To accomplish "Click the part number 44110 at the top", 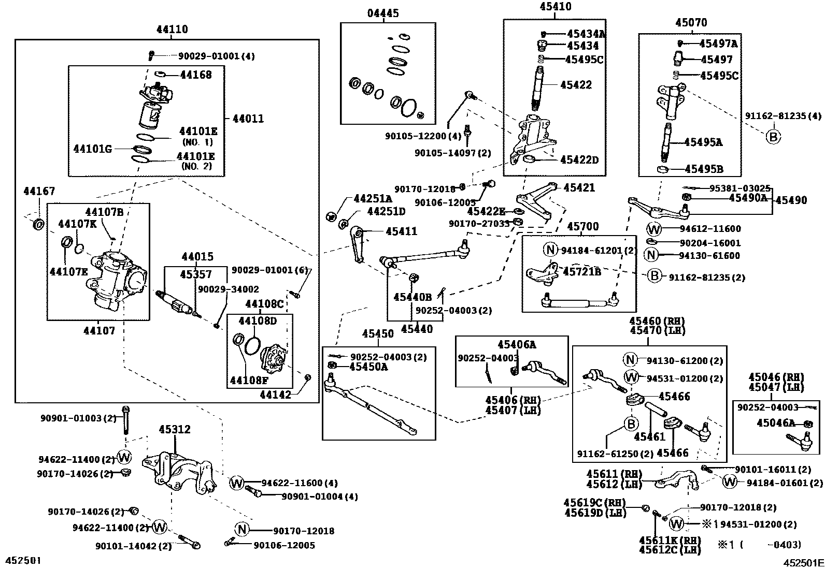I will [172, 30].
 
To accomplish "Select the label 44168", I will [196, 75].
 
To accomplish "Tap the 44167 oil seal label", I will [39, 192].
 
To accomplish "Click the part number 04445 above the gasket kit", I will [383, 13].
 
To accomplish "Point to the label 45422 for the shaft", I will [576, 84].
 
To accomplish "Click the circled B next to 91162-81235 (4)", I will [773, 137].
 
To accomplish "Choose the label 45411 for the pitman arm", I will [401, 231].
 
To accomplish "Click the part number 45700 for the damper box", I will [582, 227].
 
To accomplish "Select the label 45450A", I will [368, 367].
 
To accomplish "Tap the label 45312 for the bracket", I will [175, 429].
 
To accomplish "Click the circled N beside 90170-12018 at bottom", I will [242, 530].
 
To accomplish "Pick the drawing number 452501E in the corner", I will [803, 562].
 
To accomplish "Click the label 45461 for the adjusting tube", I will [649, 436].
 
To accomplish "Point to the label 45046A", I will [775, 423].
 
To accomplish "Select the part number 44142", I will [275, 395].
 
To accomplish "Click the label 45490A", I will [748, 197].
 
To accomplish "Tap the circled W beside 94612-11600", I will [654, 229].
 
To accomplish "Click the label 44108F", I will [249, 381].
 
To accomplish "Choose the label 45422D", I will [579, 160].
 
